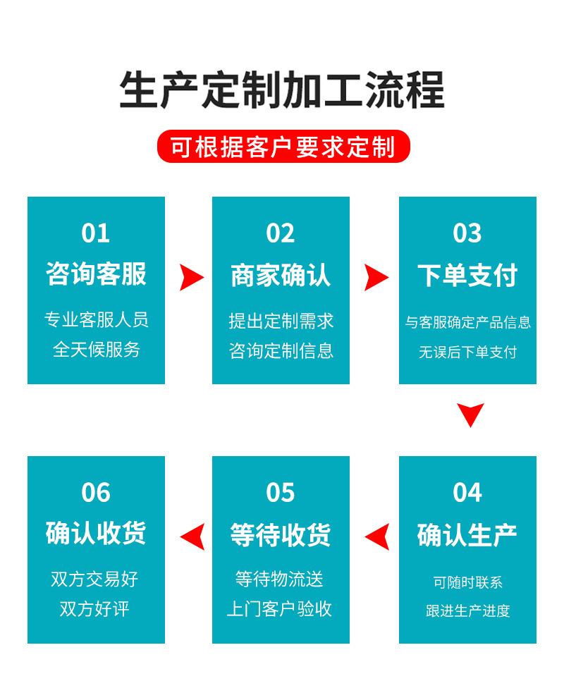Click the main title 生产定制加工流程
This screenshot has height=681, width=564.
coord(282,90)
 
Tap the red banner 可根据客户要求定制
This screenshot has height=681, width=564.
coord(282,147)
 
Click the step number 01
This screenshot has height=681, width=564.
coord(96,233)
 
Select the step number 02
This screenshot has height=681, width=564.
coord(281,233)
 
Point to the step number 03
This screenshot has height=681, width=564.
coord(467,233)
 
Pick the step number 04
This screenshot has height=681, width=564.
coord(467,492)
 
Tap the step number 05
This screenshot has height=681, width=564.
coord(281,492)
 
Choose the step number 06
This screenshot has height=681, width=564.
coord(96,492)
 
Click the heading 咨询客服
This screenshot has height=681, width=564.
coord(96,274)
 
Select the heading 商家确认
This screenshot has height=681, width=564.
coord(281,275)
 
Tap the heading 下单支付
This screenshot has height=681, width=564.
coord(467,275)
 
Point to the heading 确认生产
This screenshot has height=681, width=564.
coord(467,534)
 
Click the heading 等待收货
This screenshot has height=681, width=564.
coord(281,534)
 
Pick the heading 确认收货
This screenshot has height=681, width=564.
coord(96,534)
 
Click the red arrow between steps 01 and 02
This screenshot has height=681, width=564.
coord(190,278)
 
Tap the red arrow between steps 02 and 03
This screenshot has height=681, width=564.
coord(375,278)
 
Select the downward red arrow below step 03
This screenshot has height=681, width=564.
coord(470,414)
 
